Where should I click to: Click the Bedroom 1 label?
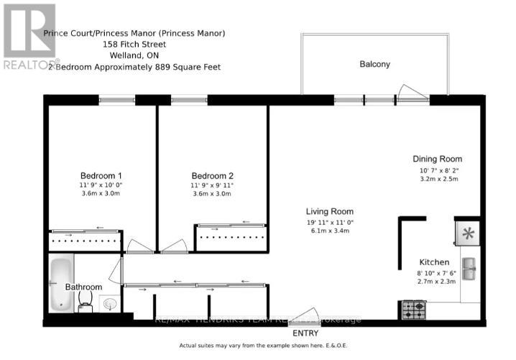100,175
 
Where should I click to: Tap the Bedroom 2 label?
213,175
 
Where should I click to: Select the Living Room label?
330,211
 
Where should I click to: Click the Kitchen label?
435,262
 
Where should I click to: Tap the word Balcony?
374,64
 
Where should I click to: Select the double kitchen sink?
469,269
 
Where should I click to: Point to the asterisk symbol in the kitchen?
469,233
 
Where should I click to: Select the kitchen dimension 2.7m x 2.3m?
435,283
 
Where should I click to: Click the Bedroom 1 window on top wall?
116,99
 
